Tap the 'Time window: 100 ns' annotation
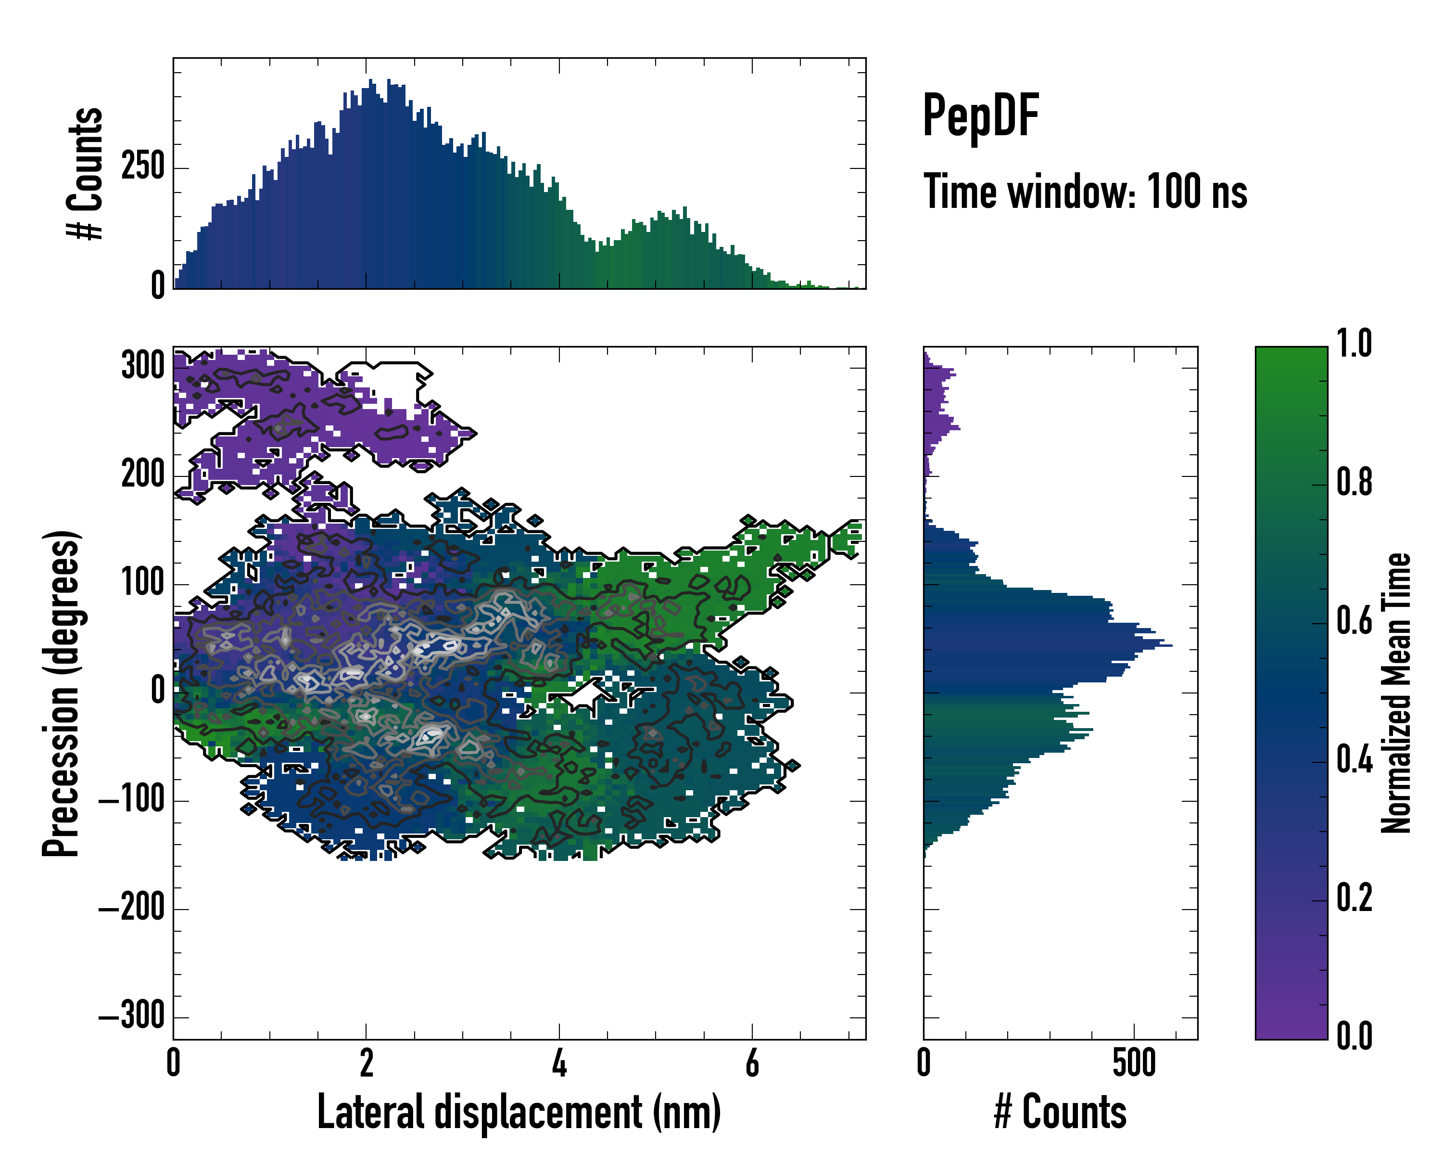pyautogui.click(x=1085, y=192)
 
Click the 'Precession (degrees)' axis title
pyautogui.click(x=62, y=693)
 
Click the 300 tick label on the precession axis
pyautogui.click(x=142, y=366)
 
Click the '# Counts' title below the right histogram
pyautogui.click(x=1060, y=1112)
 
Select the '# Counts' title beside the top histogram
pyautogui.click(x=86, y=173)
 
